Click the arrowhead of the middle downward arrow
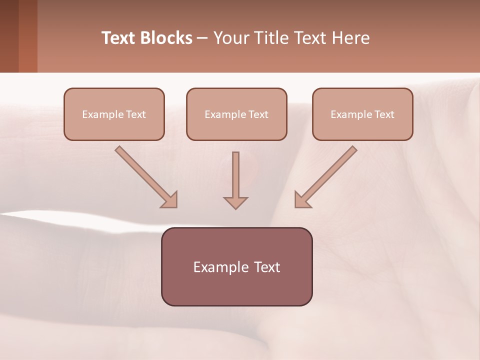tap(235, 202)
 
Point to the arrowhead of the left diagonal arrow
tap(170, 200)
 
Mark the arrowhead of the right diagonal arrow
tap(302, 200)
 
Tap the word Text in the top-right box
tap(384, 114)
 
